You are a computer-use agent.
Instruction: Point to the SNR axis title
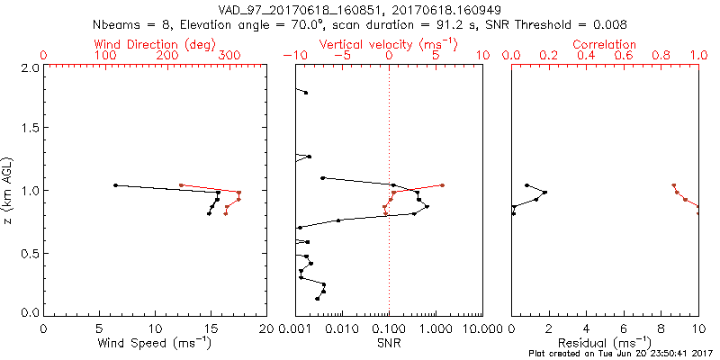389,343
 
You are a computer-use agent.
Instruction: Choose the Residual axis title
606,343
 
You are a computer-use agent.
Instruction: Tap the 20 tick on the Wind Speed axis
266,327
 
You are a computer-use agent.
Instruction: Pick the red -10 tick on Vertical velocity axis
296,56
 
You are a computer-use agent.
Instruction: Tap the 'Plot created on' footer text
621,354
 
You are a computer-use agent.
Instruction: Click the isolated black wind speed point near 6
115,185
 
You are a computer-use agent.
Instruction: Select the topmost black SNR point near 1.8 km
306,93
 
